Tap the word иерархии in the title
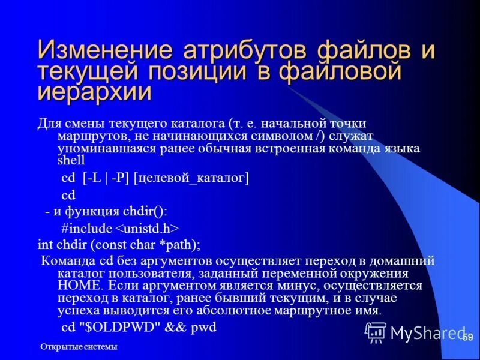pyautogui.click(x=95, y=92)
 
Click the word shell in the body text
pyautogui.click(x=71, y=161)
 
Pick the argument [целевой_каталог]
pyautogui.click(x=191, y=178)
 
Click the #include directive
pyautogui.click(x=86, y=228)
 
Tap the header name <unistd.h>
pyautogui.click(x=146, y=228)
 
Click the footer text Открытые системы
pyautogui.click(x=79, y=347)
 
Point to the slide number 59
pyautogui.click(x=468, y=339)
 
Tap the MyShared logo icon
pyautogui.click(x=376, y=331)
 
